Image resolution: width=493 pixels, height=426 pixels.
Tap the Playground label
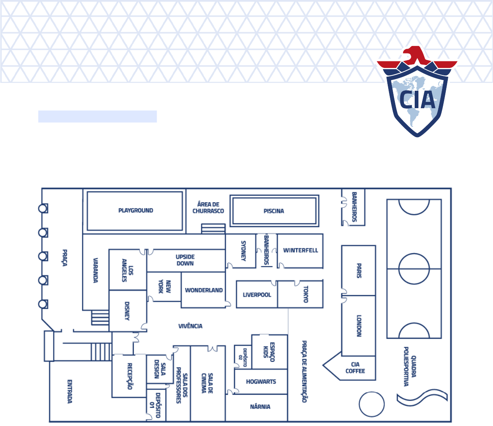(135, 211)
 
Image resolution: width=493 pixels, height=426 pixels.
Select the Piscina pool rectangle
(274, 211)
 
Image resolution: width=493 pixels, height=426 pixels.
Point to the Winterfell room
(300, 251)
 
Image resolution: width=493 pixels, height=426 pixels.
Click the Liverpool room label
(257, 295)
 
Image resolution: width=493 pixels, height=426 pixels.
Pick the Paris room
(359, 271)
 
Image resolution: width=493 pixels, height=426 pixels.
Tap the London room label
(359, 326)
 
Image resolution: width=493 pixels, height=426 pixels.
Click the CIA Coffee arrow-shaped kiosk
(350, 368)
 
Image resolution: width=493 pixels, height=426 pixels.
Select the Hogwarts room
(261, 382)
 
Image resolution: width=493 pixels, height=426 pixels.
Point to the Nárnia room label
(260, 407)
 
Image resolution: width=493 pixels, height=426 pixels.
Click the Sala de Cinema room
(207, 383)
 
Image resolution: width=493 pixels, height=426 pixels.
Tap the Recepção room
(129, 376)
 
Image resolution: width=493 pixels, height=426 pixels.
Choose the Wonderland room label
(203, 290)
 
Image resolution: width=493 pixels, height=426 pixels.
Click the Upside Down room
(185, 260)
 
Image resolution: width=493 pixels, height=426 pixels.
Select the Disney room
(128, 311)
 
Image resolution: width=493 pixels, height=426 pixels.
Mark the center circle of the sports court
(414, 269)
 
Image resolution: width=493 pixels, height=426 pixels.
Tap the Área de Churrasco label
(208, 208)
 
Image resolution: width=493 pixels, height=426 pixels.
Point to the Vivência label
(190, 326)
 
